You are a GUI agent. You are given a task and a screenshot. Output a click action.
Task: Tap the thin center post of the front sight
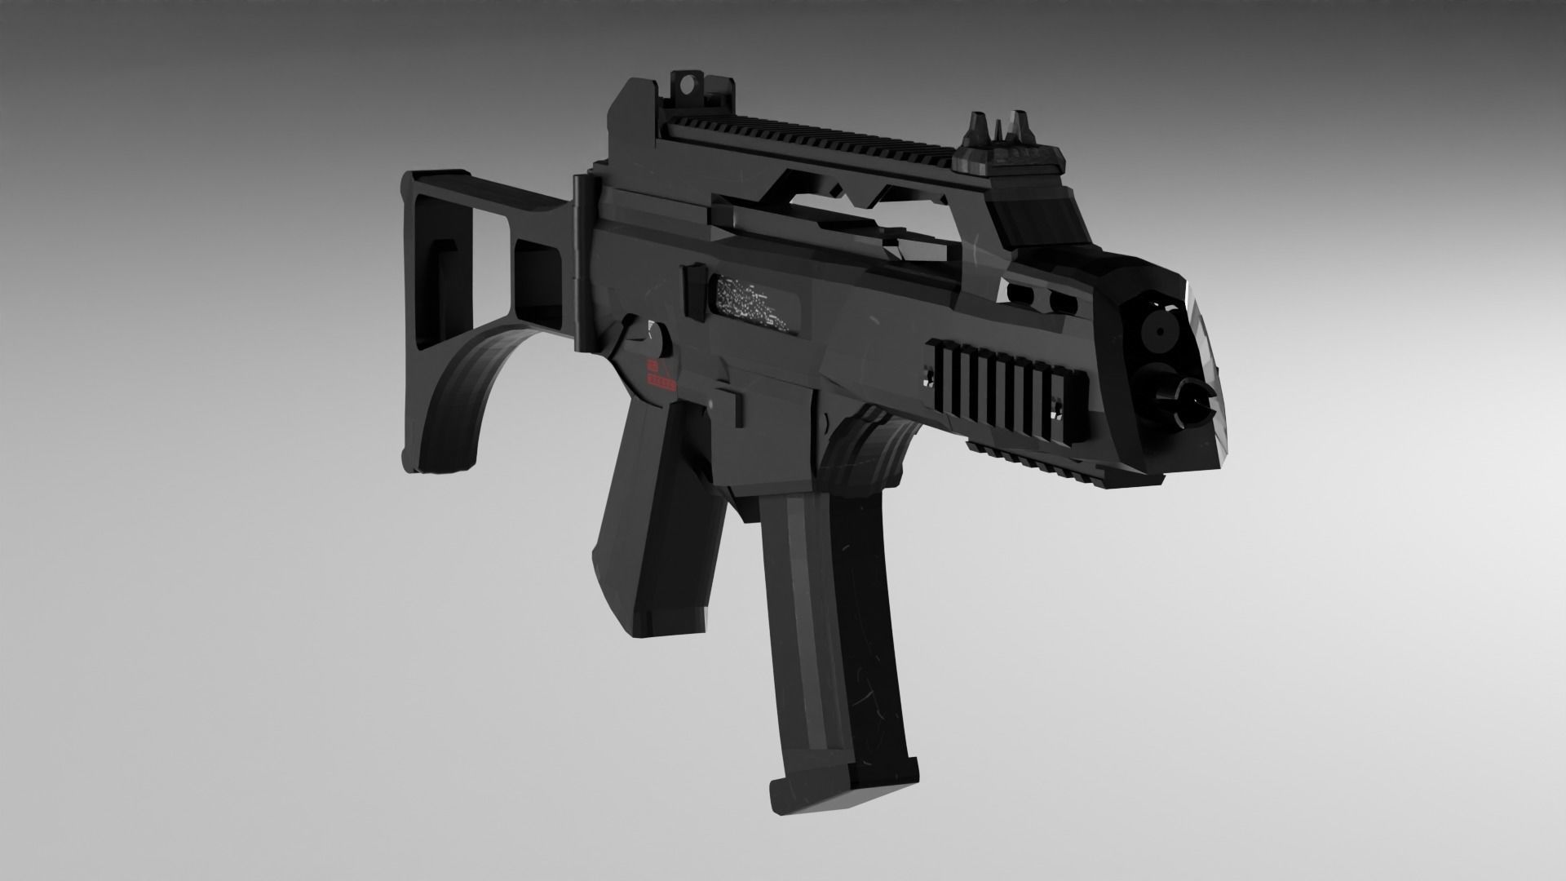(x=996, y=131)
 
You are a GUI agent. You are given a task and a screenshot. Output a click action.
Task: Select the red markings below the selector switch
(x=661, y=374)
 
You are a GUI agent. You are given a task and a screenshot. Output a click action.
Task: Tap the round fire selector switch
(x=654, y=338)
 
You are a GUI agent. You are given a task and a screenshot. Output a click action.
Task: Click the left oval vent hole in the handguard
(x=1018, y=290)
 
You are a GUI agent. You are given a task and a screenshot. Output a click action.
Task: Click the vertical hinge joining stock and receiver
(x=581, y=261)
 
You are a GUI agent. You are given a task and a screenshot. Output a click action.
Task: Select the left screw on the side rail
(x=930, y=376)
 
